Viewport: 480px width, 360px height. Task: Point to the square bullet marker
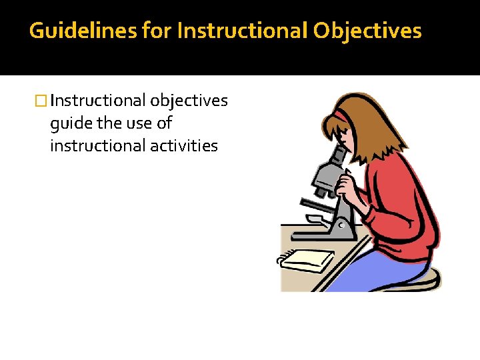(41, 101)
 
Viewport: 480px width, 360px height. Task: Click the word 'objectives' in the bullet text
(189, 101)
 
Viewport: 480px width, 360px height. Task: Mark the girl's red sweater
(401, 200)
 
